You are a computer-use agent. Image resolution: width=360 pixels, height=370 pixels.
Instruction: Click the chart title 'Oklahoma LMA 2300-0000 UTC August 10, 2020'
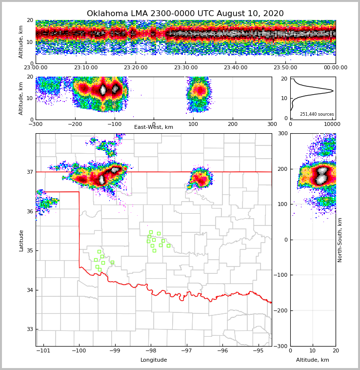pyautogui.click(x=185, y=14)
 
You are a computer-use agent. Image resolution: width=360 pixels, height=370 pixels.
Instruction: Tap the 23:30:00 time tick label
pyautogui.click(x=186, y=68)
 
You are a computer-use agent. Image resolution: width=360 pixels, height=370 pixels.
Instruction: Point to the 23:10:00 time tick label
pyautogui.click(x=86, y=68)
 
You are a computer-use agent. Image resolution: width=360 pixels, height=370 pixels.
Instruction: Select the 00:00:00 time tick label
pyautogui.click(x=336, y=68)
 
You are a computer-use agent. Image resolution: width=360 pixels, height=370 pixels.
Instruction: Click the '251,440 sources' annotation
pyautogui.click(x=317, y=114)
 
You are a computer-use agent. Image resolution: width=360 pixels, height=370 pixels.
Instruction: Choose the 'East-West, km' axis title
pyautogui.click(x=154, y=127)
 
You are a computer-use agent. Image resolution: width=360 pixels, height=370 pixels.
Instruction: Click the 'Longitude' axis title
pyautogui.click(x=154, y=360)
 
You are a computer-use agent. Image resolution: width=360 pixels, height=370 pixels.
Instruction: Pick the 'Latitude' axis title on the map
pyautogui.click(x=21, y=240)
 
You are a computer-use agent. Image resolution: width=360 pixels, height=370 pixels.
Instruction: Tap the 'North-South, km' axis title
pyautogui.click(x=340, y=240)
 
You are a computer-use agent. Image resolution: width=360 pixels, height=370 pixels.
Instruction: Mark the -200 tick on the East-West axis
pyautogui.click(x=75, y=124)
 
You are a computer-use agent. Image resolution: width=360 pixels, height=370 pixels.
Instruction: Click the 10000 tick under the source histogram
pyautogui.click(x=332, y=124)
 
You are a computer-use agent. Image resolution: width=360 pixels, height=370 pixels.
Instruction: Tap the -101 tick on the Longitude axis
pyautogui.click(x=43, y=350)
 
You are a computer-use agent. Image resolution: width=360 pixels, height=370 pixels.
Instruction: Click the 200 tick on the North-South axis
pyautogui.click(x=282, y=169)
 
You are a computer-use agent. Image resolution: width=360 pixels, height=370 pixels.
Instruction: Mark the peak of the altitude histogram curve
pyautogui.click(x=333, y=90)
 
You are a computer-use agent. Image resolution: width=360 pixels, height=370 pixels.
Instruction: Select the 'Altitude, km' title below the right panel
pyautogui.click(x=313, y=360)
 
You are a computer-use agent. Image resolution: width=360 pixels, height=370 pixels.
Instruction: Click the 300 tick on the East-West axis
pyautogui.click(x=272, y=124)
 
